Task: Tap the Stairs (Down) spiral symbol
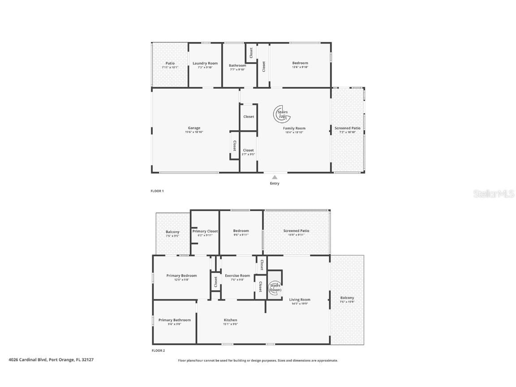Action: (x=275, y=288)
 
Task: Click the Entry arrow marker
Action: (x=275, y=177)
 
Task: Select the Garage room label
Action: (x=194, y=128)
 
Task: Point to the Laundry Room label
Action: (x=205, y=63)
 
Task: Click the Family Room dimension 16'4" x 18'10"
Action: (x=294, y=133)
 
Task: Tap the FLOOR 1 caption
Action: (x=157, y=191)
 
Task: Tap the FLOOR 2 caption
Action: (x=158, y=351)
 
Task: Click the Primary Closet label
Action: (x=205, y=231)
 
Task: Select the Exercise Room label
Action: (x=237, y=275)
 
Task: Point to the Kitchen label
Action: (x=230, y=320)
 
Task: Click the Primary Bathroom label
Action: (x=174, y=320)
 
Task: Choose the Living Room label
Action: (x=300, y=300)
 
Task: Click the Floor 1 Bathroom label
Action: (x=237, y=65)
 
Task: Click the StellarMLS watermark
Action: (x=494, y=193)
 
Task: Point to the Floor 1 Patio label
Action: (x=170, y=63)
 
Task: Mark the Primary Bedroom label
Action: (x=181, y=275)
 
